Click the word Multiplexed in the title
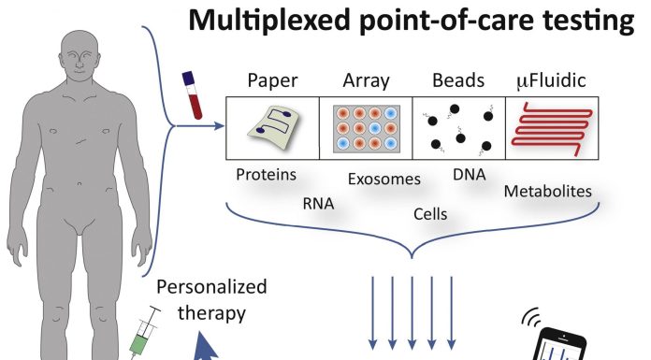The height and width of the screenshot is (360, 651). pyautogui.click(x=269, y=22)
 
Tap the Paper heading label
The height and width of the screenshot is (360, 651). pyautogui.click(x=272, y=81)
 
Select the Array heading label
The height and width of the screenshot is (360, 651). pyautogui.click(x=367, y=81)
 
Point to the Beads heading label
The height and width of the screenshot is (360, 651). pyautogui.click(x=458, y=80)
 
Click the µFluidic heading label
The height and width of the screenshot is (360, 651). pyautogui.click(x=551, y=81)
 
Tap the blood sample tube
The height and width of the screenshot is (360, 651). pyautogui.click(x=193, y=95)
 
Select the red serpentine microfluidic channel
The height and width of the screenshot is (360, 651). pyautogui.click(x=552, y=129)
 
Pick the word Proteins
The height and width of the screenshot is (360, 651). pyautogui.click(x=267, y=175)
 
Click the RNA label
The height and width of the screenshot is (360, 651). pyautogui.click(x=318, y=204)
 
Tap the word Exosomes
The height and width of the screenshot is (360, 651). pyautogui.click(x=384, y=179)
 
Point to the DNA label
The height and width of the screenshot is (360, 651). pyautogui.click(x=470, y=175)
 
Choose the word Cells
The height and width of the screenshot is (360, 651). pyautogui.click(x=430, y=214)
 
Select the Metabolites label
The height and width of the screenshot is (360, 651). pyautogui.click(x=547, y=191)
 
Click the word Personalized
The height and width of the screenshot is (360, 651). pyautogui.click(x=211, y=287)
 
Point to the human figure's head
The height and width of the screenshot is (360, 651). pyautogui.click(x=80, y=56)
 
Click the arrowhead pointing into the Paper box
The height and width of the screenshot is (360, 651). pyautogui.click(x=219, y=125)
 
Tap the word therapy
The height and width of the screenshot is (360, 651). pyautogui.click(x=211, y=313)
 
